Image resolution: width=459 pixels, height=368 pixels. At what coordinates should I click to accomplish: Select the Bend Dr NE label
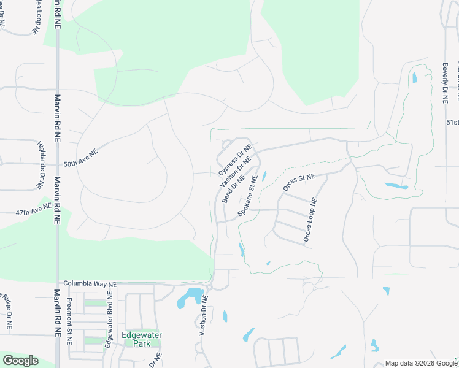[x=233, y=188]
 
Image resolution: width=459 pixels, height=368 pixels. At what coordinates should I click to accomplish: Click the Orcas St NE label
[x=299, y=182]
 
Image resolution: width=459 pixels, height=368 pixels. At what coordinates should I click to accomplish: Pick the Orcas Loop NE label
[x=310, y=220]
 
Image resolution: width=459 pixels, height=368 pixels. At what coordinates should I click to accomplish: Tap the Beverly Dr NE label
[x=445, y=82]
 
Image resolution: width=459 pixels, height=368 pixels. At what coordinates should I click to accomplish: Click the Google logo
[x=20, y=361]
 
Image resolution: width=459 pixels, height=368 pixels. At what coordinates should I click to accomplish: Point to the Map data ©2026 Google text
[x=421, y=363]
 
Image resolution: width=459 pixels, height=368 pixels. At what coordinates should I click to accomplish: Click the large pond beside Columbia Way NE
[x=191, y=297]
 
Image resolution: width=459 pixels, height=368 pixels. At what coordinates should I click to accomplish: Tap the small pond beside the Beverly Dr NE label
[x=415, y=78]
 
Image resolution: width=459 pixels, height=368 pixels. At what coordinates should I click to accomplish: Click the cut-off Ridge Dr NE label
[x=7, y=311]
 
